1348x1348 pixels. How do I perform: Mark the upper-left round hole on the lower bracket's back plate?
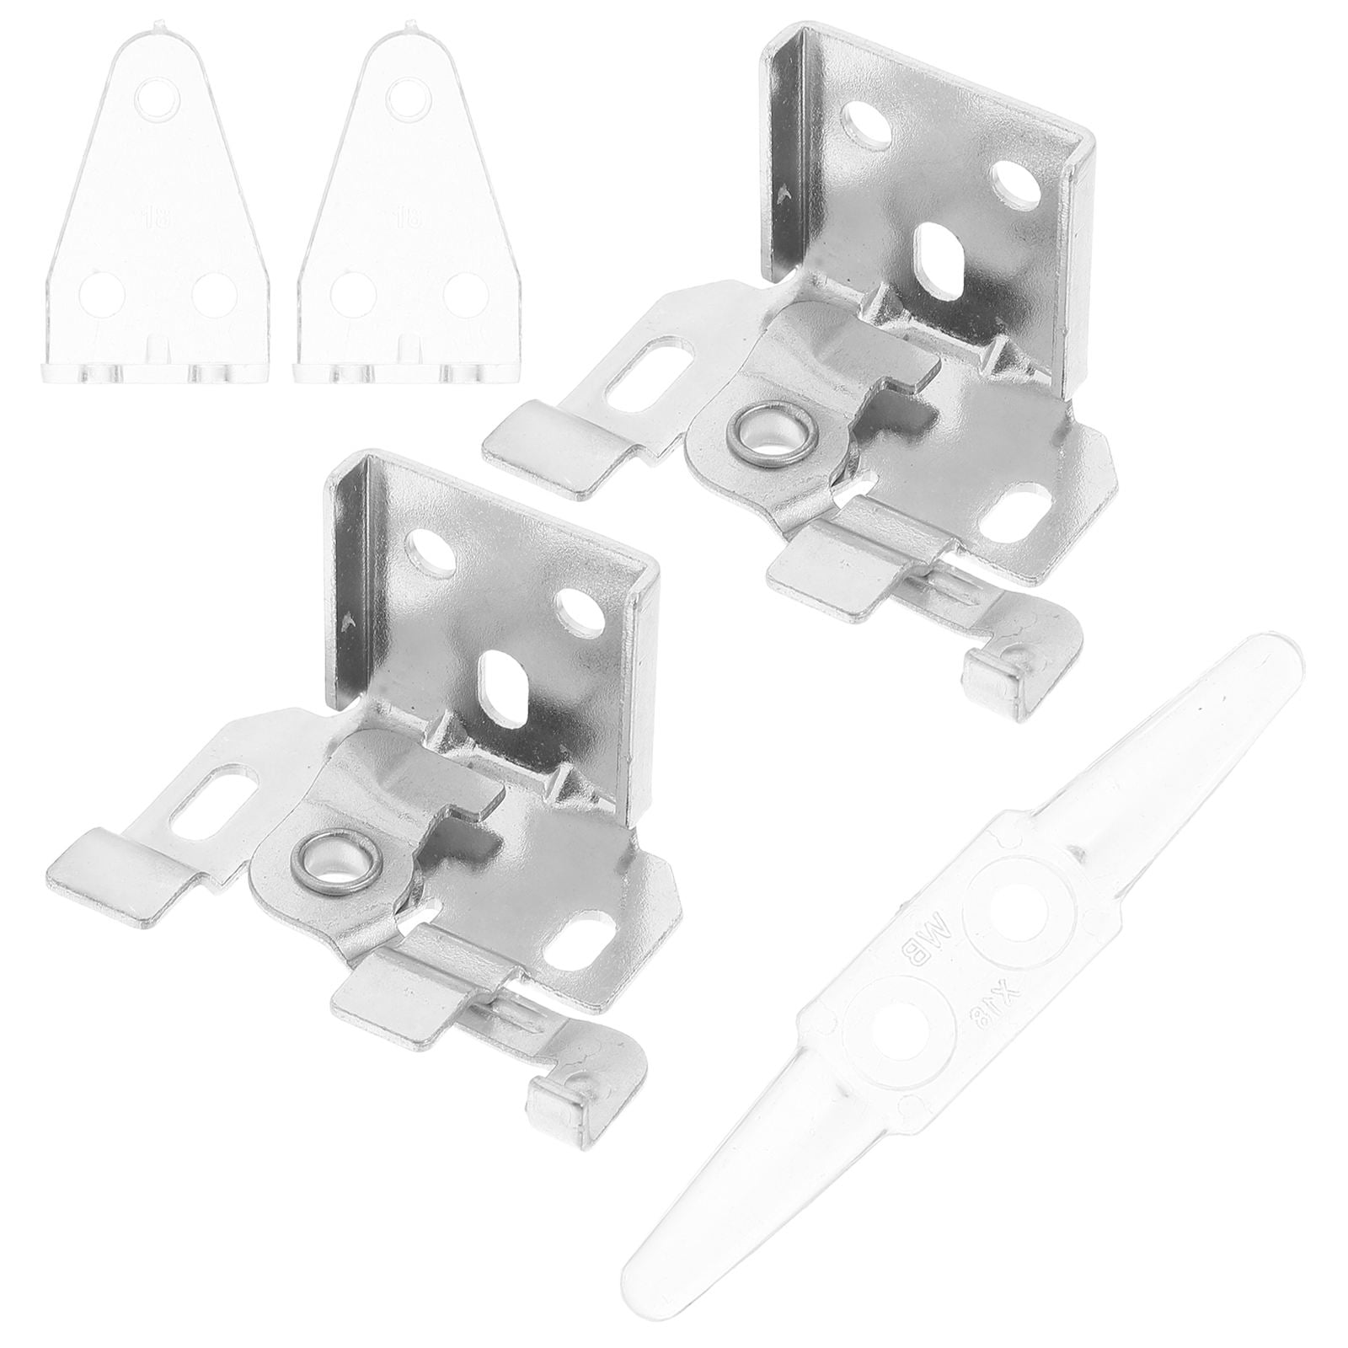point(431,552)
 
